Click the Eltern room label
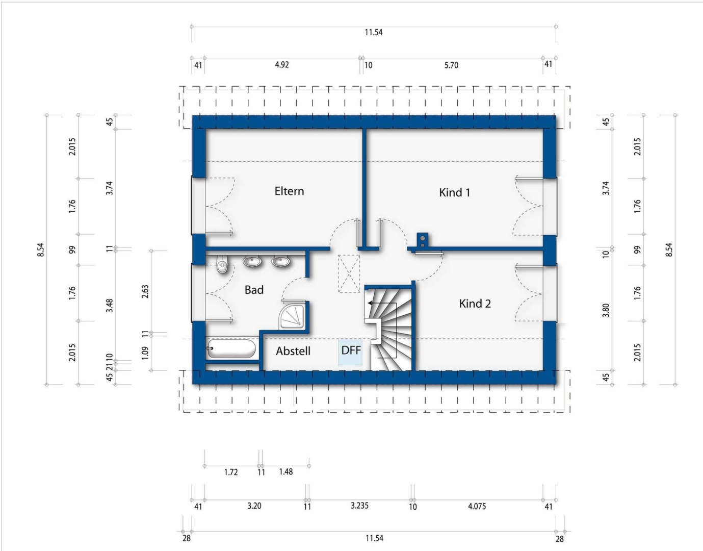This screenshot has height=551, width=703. [x=289, y=191]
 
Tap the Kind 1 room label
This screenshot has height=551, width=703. [x=454, y=193]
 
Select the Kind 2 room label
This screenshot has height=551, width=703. [x=475, y=304]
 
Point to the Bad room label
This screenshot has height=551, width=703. [x=254, y=290]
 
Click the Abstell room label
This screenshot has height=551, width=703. [x=293, y=351]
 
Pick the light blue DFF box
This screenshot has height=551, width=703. [x=350, y=352]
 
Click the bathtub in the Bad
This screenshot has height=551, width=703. [x=231, y=348]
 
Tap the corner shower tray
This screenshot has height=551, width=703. [x=292, y=316]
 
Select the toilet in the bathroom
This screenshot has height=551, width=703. [x=222, y=264]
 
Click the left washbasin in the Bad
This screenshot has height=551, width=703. [x=252, y=261]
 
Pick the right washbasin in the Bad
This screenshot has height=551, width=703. [x=280, y=261]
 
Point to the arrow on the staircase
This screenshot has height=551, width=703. [x=382, y=304]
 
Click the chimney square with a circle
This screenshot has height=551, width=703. [x=422, y=239]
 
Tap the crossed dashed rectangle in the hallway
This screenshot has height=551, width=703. [x=349, y=274]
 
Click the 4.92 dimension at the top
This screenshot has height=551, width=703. [x=282, y=65]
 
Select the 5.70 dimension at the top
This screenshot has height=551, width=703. [x=451, y=65]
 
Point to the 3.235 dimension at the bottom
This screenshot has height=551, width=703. [x=359, y=506]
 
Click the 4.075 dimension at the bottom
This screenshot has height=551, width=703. [x=477, y=506]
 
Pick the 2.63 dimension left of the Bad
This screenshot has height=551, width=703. [x=145, y=291]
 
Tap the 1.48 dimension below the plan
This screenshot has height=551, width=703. [x=286, y=472]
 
